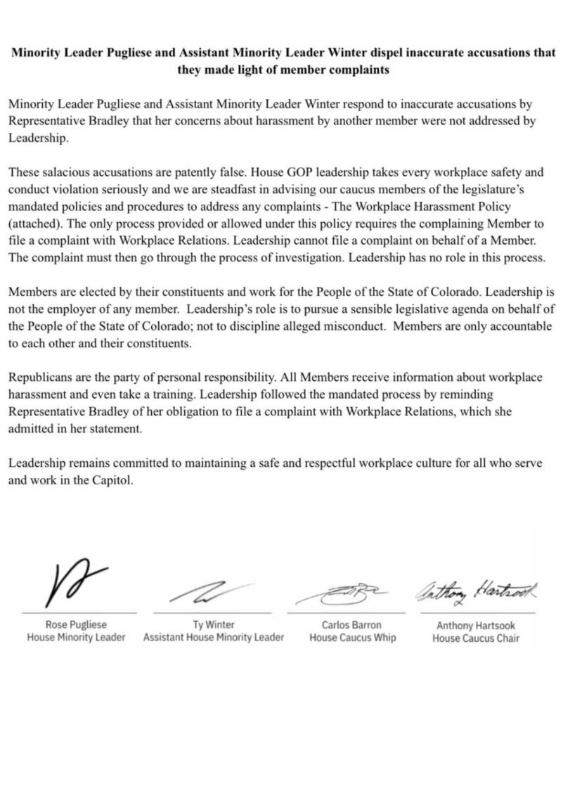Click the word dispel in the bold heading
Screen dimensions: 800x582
coord(356,53)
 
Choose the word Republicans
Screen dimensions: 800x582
coord(38,378)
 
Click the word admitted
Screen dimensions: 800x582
coord(32,429)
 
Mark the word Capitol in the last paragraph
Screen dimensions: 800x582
coord(111,480)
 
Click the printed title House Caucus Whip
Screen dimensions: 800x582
coord(352,638)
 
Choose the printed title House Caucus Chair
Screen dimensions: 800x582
coord(475,638)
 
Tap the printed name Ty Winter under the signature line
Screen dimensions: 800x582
coord(214,624)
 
